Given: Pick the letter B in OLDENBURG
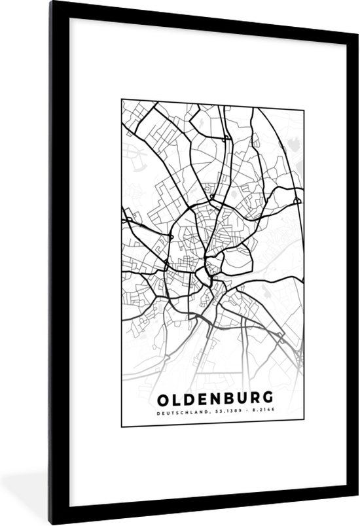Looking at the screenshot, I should coord(226,398).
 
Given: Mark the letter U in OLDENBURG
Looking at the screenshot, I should coord(240,398).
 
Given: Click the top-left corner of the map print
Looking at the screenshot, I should coord(122,99).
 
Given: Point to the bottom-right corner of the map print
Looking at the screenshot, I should coord(304,427).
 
